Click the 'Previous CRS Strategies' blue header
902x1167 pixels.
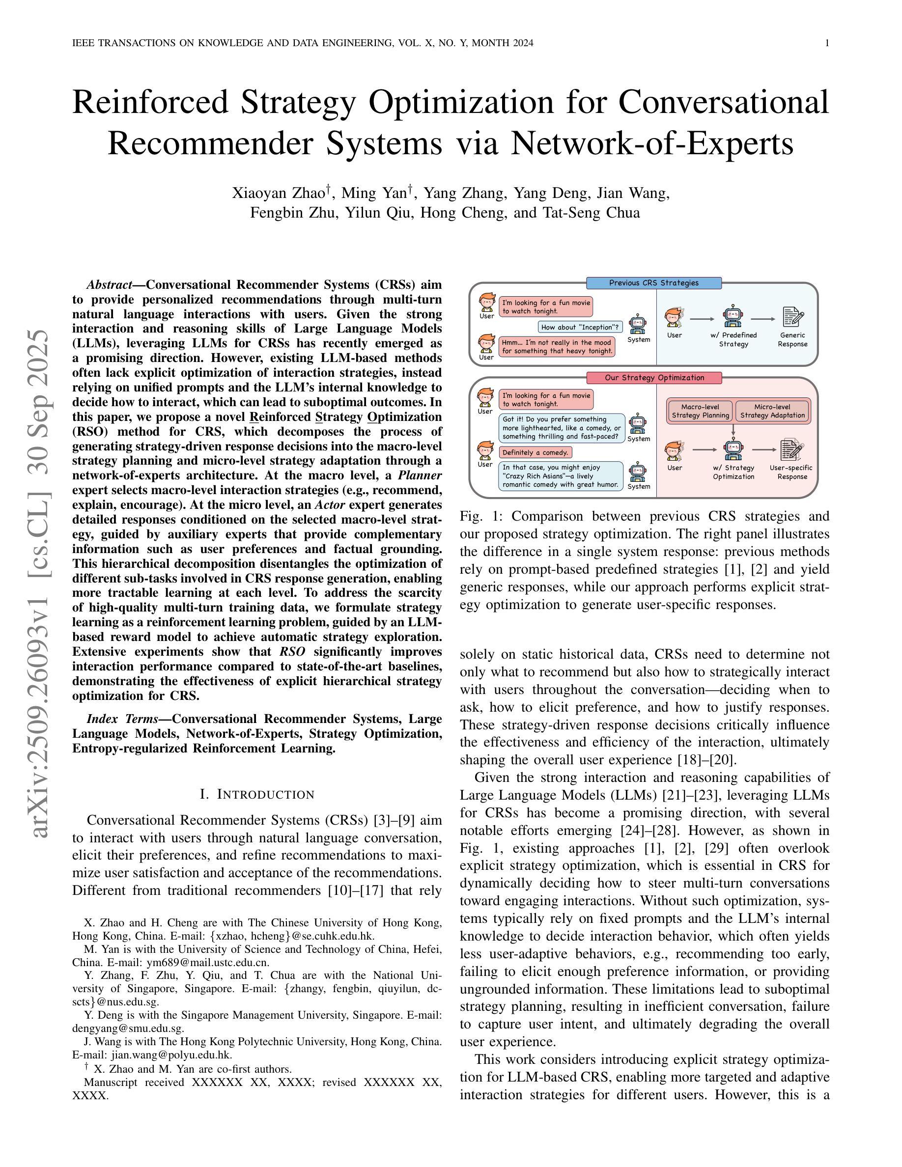pyautogui.click(x=653, y=283)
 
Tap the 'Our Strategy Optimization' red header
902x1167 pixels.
pyautogui.click(x=653, y=378)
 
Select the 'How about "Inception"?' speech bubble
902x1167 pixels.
pyautogui.click(x=580, y=327)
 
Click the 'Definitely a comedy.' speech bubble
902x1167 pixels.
pyautogui.click(x=536, y=452)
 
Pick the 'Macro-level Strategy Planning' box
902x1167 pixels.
pyautogui.click(x=700, y=411)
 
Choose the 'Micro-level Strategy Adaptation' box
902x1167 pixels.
pyautogui.click(x=772, y=411)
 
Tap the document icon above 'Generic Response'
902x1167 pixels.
pyautogui.click(x=793, y=316)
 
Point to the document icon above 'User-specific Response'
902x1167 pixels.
pyautogui.click(x=792, y=449)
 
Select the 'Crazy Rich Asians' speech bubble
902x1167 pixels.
pyautogui.click(x=561, y=476)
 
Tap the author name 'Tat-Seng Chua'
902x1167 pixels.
pyautogui.click(x=591, y=213)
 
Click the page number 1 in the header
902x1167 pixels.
pyautogui.click(x=827, y=43)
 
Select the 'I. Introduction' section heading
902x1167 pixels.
pyautogui.click(x=257, y=795)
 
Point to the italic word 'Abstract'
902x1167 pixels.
pyautogui.click(x=109, y=284)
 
